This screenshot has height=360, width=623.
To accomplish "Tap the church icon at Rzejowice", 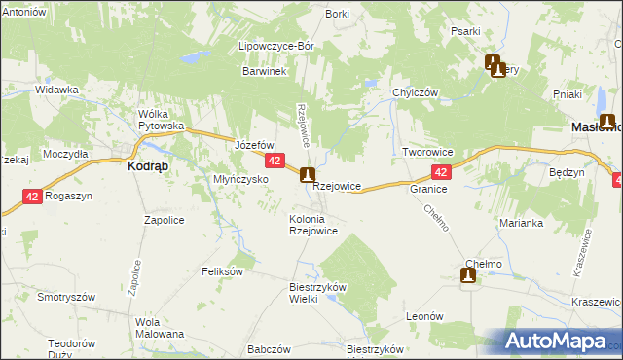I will click(308, 175).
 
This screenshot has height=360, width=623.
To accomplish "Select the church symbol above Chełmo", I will click(468, 277).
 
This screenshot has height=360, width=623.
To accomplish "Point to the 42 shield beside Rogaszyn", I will click(32, 196).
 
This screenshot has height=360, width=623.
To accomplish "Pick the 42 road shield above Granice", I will click(441, 172).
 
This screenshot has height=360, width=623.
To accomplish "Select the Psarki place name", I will click(465, 31).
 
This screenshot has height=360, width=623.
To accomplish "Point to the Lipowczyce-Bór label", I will click(274, 46).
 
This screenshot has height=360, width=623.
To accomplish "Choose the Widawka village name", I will click(56, 90).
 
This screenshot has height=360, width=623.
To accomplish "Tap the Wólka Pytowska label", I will click(162, 120).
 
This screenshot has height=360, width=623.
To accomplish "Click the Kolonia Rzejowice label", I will click(313, 225).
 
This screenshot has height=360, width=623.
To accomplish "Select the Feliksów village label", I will click(222, 271).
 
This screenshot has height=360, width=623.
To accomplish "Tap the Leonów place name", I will click(425, 316).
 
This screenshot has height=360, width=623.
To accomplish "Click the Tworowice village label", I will click(428, 153).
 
